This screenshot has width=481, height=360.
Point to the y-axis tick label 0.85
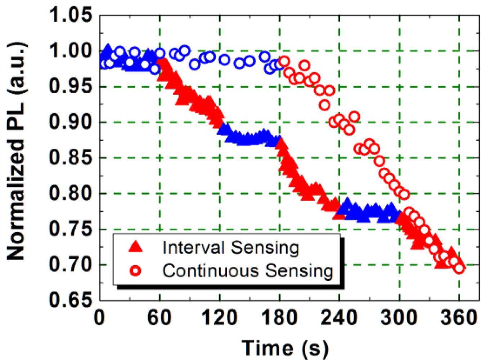(71, 157)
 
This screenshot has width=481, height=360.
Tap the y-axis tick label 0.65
(71, 300)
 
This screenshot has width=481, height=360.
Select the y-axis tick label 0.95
(71, 86)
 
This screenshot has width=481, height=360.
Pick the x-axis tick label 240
(339, 318)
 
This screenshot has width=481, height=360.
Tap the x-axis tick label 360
(459, 318)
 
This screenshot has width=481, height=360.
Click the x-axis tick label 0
(100, 318)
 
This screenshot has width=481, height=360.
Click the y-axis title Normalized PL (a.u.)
(16, 151)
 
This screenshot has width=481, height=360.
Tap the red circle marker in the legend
(136, 271)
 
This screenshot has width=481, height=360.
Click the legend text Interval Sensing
(230, 248)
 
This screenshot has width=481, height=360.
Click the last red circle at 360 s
(459, 268)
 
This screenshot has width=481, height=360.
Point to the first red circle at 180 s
(284, 61)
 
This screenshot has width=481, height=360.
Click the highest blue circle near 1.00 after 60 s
(185, 51)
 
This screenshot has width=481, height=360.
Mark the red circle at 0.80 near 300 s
(404, 195)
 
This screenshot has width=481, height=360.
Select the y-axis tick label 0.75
(71, 229)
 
